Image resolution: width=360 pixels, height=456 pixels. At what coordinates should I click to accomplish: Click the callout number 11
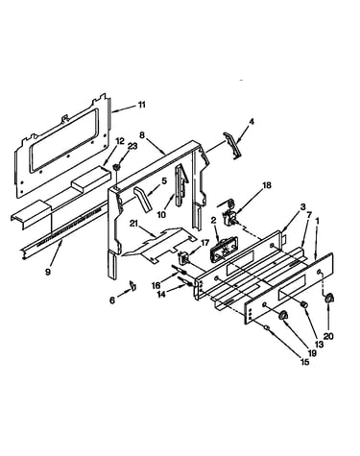[x=141, y=105]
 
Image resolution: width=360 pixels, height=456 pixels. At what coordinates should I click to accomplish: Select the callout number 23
[x=132, y=146]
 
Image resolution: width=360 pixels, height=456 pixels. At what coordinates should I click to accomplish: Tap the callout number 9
[x=48, y=272]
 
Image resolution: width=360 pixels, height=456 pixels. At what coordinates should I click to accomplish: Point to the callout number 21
[x=133, y=223]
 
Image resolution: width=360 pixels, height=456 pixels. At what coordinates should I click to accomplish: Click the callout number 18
[x=267, y=185]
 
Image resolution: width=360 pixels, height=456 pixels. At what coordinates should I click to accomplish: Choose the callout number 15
[x=305, y=362]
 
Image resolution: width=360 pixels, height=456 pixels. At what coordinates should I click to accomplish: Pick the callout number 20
[x=328, y=336]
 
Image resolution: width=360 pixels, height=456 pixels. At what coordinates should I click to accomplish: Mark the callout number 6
[x=112, y=300]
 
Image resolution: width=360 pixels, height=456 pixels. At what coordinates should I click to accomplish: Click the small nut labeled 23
[x=117, y=167]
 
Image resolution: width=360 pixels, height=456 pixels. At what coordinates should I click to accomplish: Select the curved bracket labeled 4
[x=233, y=145]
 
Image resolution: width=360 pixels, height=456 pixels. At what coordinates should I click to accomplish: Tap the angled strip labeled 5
[x=143, y=199]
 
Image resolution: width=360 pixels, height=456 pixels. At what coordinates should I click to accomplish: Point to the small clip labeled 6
[x=132, y=285]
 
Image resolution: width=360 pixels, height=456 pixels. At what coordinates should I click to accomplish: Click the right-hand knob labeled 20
[x=328, y=299]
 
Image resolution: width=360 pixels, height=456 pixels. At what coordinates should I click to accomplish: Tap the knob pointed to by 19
[x=283, y=315]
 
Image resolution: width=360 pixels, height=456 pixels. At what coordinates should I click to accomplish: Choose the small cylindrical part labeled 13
[x=303, y=304]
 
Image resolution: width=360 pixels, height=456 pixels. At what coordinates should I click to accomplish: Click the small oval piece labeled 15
[x=266, y=327]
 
